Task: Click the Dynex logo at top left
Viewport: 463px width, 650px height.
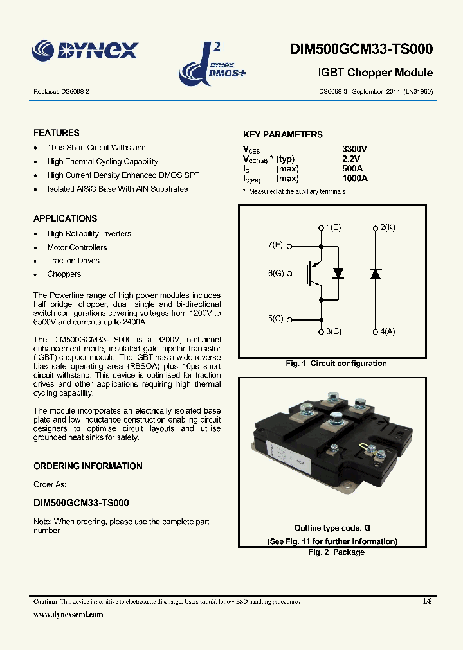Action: click(x=85, y=50)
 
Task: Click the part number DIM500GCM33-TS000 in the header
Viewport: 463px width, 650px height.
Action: click(x=361, y=49)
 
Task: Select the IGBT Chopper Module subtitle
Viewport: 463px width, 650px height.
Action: click(x=376, y=73)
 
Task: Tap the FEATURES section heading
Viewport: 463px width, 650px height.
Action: click(x=57, y=133)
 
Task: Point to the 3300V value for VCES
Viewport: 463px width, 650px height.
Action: click(x=354, y=149)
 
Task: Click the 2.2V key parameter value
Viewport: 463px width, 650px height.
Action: click(x=351, y=159)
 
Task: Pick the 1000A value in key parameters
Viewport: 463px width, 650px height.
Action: click(x=355, y=179)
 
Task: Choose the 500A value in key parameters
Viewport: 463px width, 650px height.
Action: click(x=352, y=169)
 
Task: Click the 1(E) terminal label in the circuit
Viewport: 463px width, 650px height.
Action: click(x=334, y=227)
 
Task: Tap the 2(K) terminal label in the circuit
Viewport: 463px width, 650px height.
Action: click(x=388, y=227)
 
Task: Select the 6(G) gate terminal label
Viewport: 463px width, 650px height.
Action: click(x=275, y=274)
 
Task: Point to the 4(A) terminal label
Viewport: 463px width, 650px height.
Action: click(x=388, y=331)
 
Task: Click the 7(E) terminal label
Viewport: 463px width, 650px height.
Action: click(x=275, y=245)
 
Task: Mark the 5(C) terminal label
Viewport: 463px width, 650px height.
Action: click(x=275, y=319)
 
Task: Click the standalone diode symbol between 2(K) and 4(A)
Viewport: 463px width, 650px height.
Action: click(x=376, y=274)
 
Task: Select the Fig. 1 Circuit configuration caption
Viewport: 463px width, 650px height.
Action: click(x=336, y=364)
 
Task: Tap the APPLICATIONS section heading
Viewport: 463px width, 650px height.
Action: click(x=66, y=218)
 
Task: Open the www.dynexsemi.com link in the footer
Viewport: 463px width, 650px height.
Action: click(x=68, y=615)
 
